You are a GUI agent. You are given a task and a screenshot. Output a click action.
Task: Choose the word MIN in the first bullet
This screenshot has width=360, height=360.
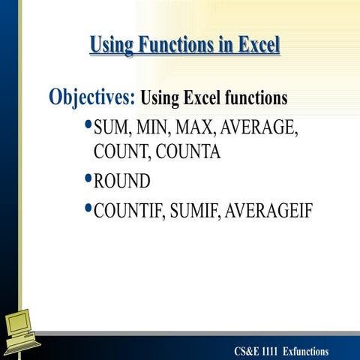point(154,129)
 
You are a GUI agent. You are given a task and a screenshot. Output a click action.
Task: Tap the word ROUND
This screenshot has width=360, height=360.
point(122,181)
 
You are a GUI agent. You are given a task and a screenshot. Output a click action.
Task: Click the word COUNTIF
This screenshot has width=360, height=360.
point(128,211)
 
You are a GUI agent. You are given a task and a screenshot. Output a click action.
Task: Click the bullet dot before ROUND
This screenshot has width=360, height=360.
point(88,180)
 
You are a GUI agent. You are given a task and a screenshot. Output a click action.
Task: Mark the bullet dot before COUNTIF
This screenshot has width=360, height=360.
point(88,210)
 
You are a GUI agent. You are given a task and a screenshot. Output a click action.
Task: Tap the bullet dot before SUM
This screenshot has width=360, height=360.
point(88,127)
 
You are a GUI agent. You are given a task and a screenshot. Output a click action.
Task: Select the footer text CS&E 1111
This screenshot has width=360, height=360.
point(256,352)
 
